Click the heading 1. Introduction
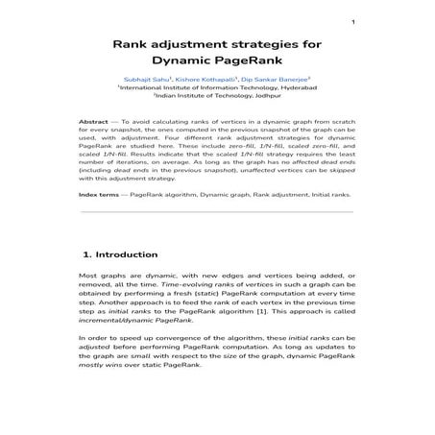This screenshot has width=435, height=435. pos(121,254)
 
